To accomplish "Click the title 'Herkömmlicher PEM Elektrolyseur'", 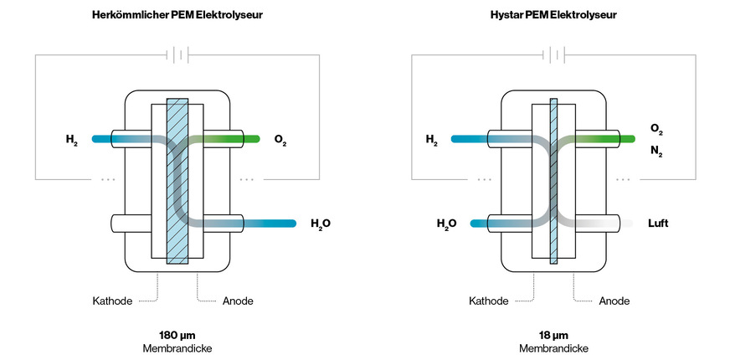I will point(177,15).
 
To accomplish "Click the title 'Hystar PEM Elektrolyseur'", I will point(553,15).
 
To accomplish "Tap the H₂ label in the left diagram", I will point(71,138).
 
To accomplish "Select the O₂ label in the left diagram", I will point(281,138).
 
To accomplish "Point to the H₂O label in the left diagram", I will point(321,224).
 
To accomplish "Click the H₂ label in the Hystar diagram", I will point(432,140).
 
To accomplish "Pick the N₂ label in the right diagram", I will point(656,153).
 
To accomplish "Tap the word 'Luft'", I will point(659,224).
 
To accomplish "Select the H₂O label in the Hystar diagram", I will point(446,224).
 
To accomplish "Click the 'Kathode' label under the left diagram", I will point(113,301).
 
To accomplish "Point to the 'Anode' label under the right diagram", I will point(614,301).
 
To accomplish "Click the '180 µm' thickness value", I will point(177,335).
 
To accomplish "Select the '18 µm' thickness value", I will point(553,335).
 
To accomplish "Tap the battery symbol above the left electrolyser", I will point(177,55).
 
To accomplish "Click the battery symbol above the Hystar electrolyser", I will point(553,55).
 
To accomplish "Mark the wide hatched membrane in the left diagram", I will point(177,180).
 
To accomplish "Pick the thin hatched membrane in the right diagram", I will point(553,180).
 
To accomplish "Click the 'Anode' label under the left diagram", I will point(238,301).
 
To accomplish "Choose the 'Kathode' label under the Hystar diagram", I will point(489,301).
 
